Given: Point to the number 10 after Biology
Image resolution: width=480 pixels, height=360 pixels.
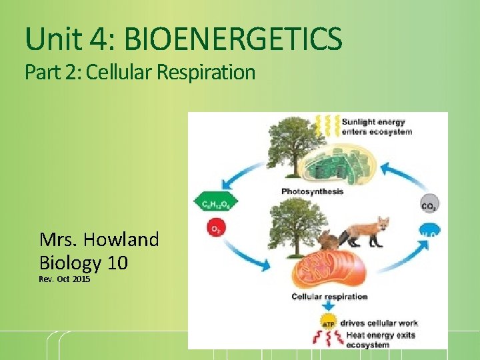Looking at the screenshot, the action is (x=117, y=262).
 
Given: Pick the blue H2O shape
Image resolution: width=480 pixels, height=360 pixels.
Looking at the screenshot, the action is (x=430, y=233).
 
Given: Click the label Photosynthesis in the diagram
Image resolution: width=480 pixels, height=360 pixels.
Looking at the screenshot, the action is (x=312, y=192).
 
